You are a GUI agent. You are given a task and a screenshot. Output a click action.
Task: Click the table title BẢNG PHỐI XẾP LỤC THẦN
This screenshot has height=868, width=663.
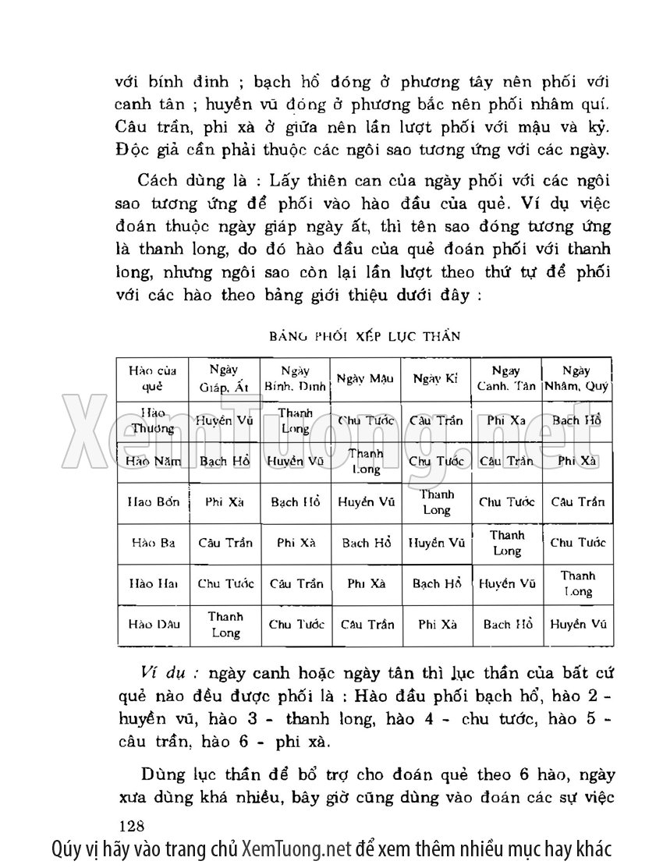364,336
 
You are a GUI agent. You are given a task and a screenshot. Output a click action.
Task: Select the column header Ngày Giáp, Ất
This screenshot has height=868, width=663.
225,378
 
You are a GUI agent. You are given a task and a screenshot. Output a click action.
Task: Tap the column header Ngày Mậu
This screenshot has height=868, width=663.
365,378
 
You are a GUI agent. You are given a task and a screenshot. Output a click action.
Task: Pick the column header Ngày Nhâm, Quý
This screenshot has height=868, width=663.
576,378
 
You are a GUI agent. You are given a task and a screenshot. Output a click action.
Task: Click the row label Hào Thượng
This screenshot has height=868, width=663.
153,420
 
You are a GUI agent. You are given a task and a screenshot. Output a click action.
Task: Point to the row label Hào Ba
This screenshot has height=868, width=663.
153,543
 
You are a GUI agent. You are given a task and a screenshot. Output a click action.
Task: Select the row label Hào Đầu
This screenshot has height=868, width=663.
153,624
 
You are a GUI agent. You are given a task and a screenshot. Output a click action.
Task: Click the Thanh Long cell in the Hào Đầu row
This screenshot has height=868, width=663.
225,624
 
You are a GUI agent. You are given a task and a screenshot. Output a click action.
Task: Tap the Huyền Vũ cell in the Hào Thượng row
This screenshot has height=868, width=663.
225,420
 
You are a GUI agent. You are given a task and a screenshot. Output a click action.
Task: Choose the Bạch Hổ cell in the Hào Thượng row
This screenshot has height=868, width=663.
576,420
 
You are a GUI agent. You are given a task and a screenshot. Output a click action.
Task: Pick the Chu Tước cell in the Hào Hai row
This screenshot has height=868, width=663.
225,583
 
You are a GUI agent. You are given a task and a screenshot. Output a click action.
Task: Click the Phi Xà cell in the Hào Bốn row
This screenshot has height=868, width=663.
225,502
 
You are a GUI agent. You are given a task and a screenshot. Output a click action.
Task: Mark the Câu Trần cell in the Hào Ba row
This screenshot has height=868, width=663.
225,543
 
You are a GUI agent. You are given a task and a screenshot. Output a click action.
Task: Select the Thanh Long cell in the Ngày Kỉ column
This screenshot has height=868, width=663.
436,502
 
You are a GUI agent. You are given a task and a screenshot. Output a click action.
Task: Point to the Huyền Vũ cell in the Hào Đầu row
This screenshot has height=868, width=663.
577,624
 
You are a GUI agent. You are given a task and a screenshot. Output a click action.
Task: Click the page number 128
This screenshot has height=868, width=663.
134,825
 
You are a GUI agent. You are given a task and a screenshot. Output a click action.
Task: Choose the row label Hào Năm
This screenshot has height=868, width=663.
153,461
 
